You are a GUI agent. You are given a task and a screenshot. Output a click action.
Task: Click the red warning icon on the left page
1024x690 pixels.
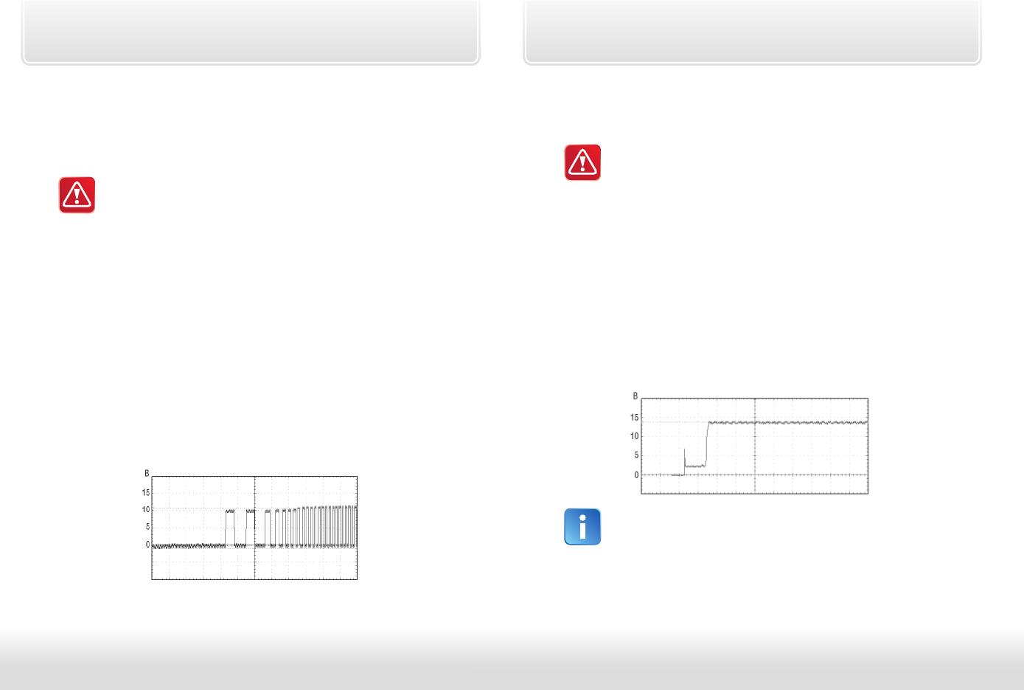coord(77,195)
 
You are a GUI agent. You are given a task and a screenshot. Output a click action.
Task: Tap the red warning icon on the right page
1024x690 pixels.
coord(582,162)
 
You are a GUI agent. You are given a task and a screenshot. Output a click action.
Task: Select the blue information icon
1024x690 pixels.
coord(582,527)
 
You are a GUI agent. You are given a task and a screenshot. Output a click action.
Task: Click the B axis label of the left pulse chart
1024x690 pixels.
coord(147,473)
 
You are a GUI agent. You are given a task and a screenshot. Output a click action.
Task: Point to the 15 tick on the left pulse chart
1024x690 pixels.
coord(146,493)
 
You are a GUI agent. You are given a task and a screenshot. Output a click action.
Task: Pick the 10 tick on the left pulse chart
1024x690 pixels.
coord(146,509)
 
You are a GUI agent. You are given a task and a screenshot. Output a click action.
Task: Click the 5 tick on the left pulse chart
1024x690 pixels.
coord(147,527)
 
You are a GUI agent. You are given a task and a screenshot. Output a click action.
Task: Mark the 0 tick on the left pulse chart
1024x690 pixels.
coord(147,545)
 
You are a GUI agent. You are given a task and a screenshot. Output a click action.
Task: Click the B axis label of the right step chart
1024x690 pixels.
coord(635,396)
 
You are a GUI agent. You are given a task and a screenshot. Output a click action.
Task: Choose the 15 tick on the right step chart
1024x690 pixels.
coord(634,417)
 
